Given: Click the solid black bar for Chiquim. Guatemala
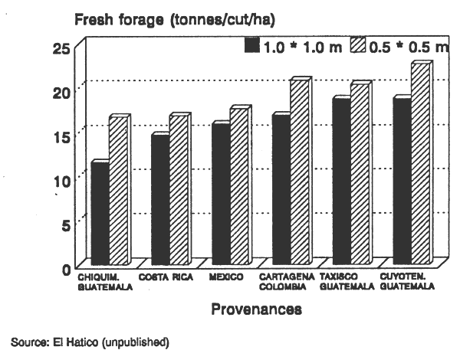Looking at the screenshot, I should pos(100,214).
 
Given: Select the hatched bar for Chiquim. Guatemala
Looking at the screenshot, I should pos(118,191).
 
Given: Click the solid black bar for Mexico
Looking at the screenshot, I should pos(220,195).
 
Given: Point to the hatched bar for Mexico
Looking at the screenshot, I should pos(238,188).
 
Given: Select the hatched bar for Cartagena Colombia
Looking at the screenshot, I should pos(299,173).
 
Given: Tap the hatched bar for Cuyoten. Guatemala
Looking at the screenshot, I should pos(419,165).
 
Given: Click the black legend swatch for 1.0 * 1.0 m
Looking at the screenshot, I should pos(251,47).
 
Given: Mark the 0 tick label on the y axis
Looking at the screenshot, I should pos(65,269).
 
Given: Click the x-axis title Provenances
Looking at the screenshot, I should pos(255,309).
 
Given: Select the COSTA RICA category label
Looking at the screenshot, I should pos(166,277).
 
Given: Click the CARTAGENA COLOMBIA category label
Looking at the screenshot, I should pos(284,282).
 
